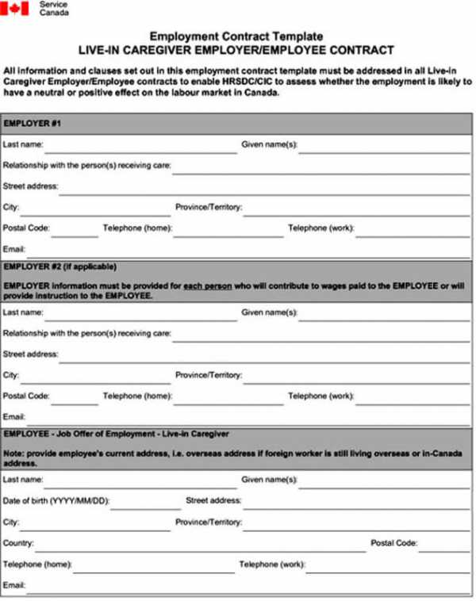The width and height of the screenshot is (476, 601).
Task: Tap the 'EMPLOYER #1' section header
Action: pyautogui.click(x=33, y=124)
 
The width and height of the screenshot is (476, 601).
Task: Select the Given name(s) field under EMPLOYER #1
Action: pyautogui.click(x=384, y=146)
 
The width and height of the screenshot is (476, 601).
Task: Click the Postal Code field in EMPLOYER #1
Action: pyautogui.click(x=75, y=230)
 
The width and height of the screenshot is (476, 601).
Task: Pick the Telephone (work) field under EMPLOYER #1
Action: pyautogui.click(x=413, y=230)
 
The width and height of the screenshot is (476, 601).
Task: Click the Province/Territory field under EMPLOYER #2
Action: pyautogui.click(x=357, y=376)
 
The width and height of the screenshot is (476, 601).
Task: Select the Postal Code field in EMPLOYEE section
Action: pyautogui.click(x=444, y=545)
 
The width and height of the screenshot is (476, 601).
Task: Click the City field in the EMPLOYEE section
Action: pyautogui.click(x=95, y=523)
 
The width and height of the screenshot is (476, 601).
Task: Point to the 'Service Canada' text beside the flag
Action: pyautogui.click(x=53, y=8)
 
